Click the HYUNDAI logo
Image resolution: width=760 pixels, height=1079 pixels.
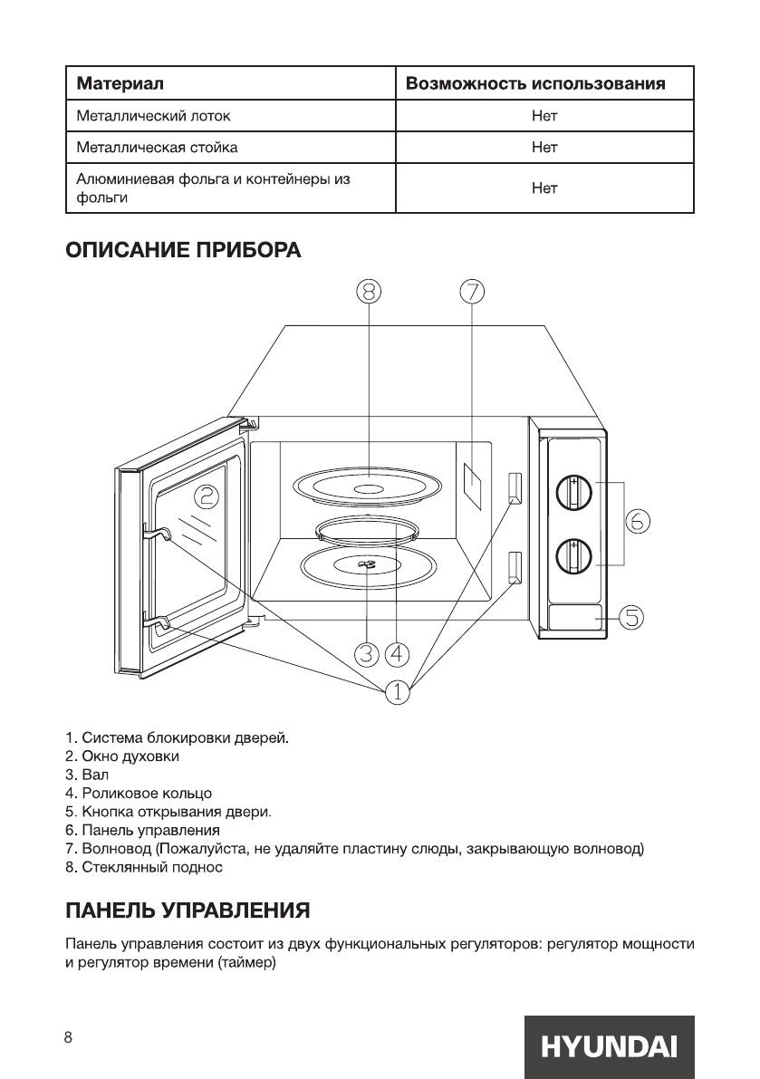[608, 1046]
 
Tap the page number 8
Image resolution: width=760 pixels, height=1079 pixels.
[68, 1038]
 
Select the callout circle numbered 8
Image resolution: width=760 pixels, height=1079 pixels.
[369, 292]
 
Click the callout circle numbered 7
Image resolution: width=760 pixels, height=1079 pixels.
[472, 292]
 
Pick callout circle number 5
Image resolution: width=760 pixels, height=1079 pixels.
[631, 617]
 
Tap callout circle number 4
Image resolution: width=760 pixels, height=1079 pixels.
[397, 652]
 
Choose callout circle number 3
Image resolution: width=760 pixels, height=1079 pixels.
[366, 652]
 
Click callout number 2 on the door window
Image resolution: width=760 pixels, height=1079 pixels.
[207, 496]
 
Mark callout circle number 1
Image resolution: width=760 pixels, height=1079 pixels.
[397, 692]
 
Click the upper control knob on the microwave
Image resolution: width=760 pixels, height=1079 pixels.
[573, 492]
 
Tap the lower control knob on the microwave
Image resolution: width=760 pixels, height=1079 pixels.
[573, 554]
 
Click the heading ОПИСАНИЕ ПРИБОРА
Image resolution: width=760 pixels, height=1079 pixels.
[182, 249]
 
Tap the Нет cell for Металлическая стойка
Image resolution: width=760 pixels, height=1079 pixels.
[544, 146]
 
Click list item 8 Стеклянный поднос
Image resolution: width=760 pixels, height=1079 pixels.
[144, 867]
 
